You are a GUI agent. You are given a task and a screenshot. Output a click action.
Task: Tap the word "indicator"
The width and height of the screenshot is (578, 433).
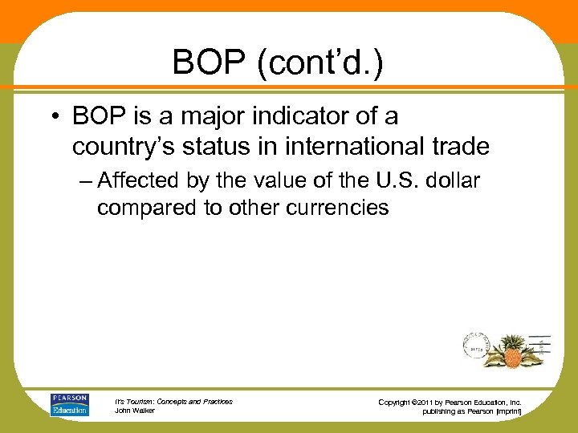[x=302, y=117]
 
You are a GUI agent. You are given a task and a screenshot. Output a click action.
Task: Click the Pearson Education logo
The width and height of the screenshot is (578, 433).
[x=70, y=405]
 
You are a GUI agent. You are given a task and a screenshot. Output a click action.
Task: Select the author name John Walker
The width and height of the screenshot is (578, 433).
[x=134, y=411]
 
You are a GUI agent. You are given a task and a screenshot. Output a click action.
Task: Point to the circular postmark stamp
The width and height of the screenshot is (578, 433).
[x=478, y=347]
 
